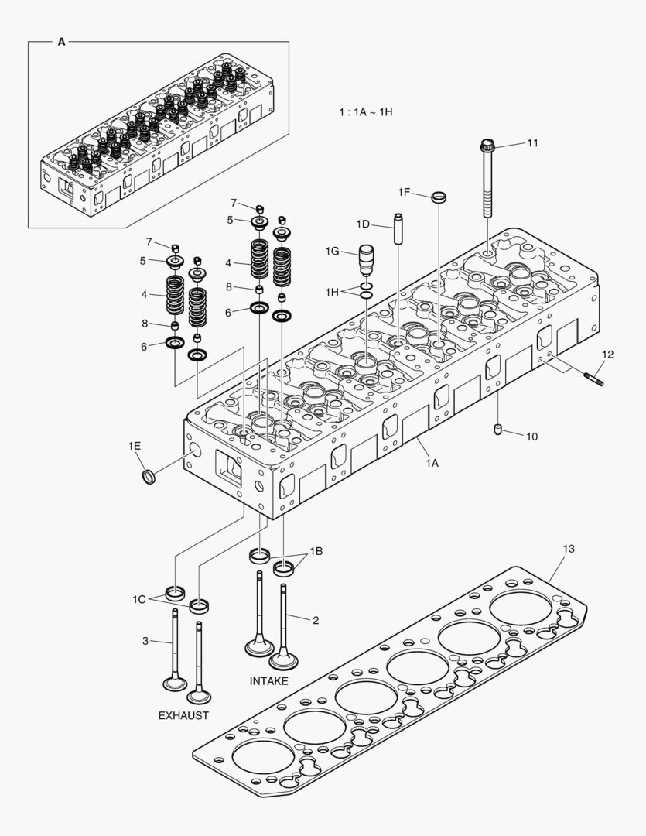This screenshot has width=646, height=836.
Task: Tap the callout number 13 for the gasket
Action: click(569, 549)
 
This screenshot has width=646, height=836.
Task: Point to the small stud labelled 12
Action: click(593, 378)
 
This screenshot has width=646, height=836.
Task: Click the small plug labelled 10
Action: click(498, 429)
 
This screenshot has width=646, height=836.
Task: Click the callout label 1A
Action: click(431, 463)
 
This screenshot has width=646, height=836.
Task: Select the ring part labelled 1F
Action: click(439, 197)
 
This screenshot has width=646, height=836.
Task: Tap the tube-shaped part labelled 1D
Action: click(399, 229)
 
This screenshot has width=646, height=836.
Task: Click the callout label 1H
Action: click(332, 292)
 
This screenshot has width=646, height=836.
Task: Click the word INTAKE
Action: click(268, 681)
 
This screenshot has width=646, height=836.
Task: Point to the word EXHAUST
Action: click(183, 715)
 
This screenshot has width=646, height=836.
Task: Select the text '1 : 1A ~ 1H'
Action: click(366, 112)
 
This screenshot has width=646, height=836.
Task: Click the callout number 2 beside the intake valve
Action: click(316, 620)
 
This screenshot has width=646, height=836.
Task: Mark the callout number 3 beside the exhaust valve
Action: click(145, 640)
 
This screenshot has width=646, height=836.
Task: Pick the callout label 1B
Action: click(316, 552)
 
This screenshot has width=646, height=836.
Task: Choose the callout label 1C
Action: click(138, 599)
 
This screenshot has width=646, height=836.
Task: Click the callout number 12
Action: click(608, 355)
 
